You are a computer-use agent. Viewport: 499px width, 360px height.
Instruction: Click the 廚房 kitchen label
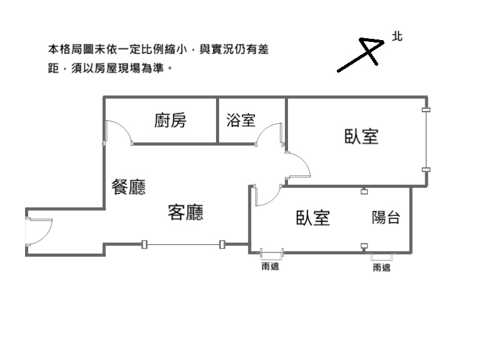(170, 120)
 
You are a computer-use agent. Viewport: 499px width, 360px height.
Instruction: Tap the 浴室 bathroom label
(241, 120)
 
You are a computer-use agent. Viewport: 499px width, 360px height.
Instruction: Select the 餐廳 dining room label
(128, 187)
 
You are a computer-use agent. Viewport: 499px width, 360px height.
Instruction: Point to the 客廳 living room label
(185, 213)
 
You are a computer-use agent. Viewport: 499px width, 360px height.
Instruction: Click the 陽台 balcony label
(386, 217)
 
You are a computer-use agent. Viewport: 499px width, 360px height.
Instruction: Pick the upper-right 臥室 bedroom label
(361, 136)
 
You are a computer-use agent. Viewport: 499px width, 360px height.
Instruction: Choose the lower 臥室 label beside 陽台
(313, 217)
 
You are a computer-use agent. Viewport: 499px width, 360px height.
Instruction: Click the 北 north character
(397, 36)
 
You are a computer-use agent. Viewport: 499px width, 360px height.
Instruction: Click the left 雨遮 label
(270, 267)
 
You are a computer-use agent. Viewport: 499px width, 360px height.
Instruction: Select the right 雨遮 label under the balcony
(381, 268)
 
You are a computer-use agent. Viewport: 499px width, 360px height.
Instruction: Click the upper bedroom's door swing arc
(299, 166)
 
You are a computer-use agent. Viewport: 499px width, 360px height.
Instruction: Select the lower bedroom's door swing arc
(266, 195)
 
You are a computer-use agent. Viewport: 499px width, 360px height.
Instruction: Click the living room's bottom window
(183, 244)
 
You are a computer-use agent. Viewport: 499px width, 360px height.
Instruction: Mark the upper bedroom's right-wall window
(426, 140)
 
